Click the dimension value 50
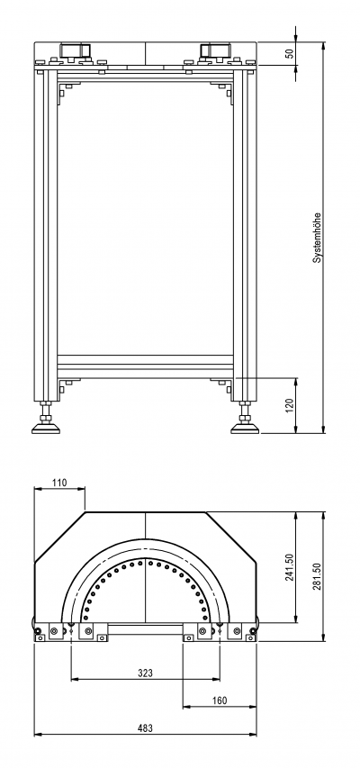click(291, 53)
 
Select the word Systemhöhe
click(318, 238)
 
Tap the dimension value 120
click(290, 404)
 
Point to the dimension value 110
click(59, 483)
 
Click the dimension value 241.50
click(290, 568)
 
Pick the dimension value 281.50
click(317, 577)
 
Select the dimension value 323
click(145, 673)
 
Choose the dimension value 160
click(220, 700)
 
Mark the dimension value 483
click(145, 728)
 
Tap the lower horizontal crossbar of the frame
click(145, 366)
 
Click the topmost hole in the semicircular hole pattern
click(141, 563)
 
